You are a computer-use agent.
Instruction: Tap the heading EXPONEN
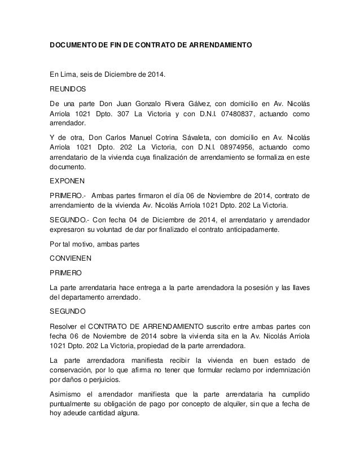coord(67,182)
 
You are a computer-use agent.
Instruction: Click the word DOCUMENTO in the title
coord(73,43)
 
